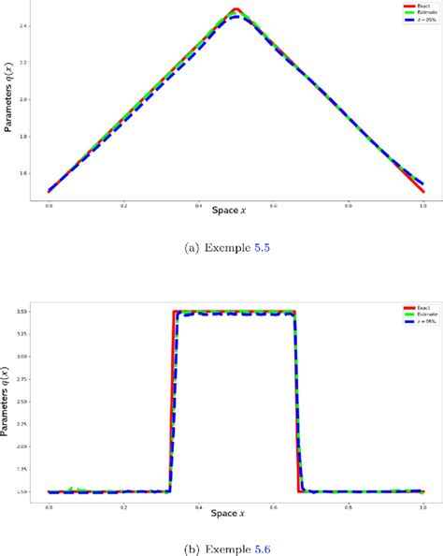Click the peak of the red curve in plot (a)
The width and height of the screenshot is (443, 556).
(x=236, y=10)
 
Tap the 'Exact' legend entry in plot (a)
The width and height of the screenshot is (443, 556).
(x=410, y=5)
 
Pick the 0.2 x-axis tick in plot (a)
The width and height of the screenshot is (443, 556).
(x=123, y=204)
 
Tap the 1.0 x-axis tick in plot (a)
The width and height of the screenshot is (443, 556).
(x=423, y=204)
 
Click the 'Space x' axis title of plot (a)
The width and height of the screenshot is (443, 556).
(x=234, y=210)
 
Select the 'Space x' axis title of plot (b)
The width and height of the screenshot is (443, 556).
(x=234, y=512)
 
